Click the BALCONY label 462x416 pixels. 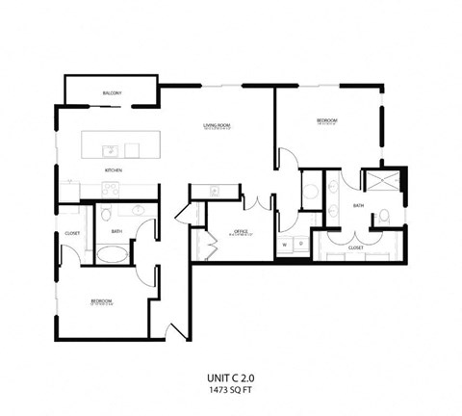click(x=111, y=93)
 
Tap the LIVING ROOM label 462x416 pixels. click(x=217, y=126)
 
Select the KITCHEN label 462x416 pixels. click(x=114, y=170)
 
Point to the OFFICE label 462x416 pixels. click(x=243, y=232)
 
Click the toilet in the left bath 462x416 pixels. click(x=107, y=213)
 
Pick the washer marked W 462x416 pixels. click(x=285, y=245)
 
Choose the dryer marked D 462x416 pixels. click(x=300, y=245)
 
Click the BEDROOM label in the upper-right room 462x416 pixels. click(x=326, y=121)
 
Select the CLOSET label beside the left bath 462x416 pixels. click(x=72, y=233)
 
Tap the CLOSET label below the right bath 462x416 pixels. click(x=355, y=247)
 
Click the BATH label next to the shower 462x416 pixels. click(x=358, y=206)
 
